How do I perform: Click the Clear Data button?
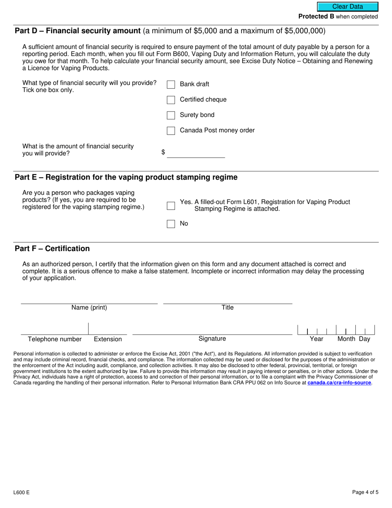click(347, 7)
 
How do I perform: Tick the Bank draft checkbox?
click(171, 84)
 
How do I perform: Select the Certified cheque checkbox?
click(171, 100)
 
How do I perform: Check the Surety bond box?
click(171, 115)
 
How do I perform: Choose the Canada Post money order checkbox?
click(171, 131)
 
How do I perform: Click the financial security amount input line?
click(196, 153)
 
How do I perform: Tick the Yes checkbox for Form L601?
click(171, 206)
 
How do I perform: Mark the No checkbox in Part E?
click(171, 224)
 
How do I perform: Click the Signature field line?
click(212, 330)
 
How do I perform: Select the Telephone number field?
click(54, 330)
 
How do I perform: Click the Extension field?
click(108, 330)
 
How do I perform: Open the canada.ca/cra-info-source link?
click(339, 383)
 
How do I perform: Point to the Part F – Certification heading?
click(52, 249)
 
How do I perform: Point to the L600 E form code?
click(21, 492)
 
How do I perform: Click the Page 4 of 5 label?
click(365, 492)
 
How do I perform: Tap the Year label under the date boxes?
click(316, 339)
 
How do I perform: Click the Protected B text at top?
click(316, 17)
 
